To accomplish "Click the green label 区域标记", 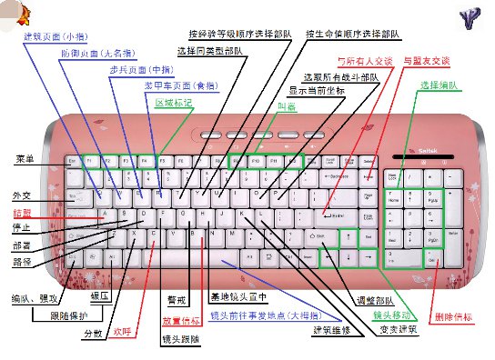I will click(x=173, y=103).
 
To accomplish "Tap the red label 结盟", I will click(x=22, y=212).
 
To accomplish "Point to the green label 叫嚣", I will click(x=286, y=105).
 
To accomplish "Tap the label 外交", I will click(x=21, y=195).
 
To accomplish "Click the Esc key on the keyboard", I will click(x=73, y=161).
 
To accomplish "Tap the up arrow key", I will click(x=348, y=235).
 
